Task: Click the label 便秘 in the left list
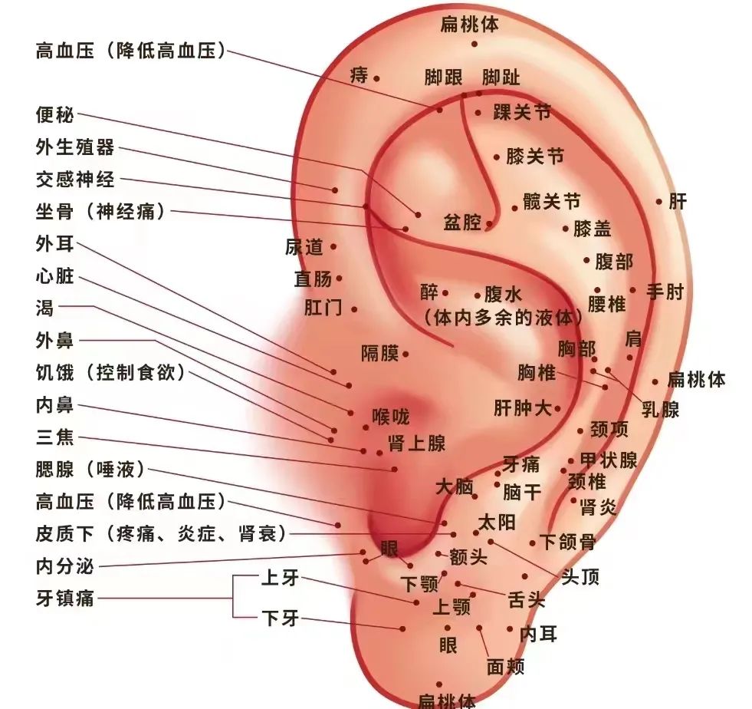click(x=54, y=115)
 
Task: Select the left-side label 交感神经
click(x=75, y=180)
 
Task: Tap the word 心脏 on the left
click(x=54, y=276)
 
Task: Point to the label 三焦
click(x=54, y=437)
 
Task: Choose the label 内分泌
click(x=64, y=566)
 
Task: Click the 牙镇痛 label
click(x=64, y=598)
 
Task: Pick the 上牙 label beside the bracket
click(x=280, y=578)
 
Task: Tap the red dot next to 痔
click(x=376, y=78)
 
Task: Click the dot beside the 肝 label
click(x=659, y=202)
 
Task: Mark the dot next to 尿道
click(x=333, y=247)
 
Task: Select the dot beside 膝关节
click(x=497, y=157)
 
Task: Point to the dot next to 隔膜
click(x=406, y=354)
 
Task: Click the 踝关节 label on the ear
click(x=522, y=113)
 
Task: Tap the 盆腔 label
click(x=461, y=223)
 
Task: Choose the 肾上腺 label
click(x=417, y=443)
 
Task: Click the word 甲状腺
click(x=609, y=460)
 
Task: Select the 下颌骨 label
click(x=568, y=542)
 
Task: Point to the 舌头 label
click(x=527, y=599)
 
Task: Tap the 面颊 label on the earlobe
click(x=505, y=666)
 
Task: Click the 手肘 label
click(x=665, y=292)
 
